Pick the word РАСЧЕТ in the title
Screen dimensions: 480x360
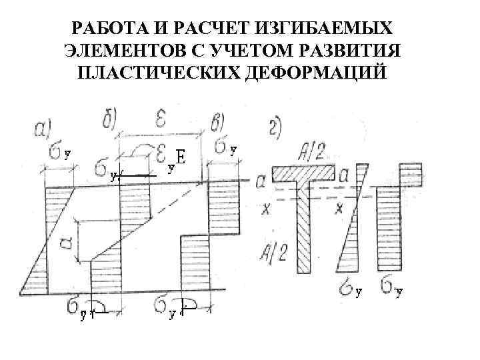pos(215,29)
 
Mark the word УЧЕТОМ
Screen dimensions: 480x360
pos(253,51)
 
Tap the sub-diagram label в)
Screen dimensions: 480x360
pos(221,124)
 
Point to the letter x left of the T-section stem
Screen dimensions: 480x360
pos(267,208)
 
